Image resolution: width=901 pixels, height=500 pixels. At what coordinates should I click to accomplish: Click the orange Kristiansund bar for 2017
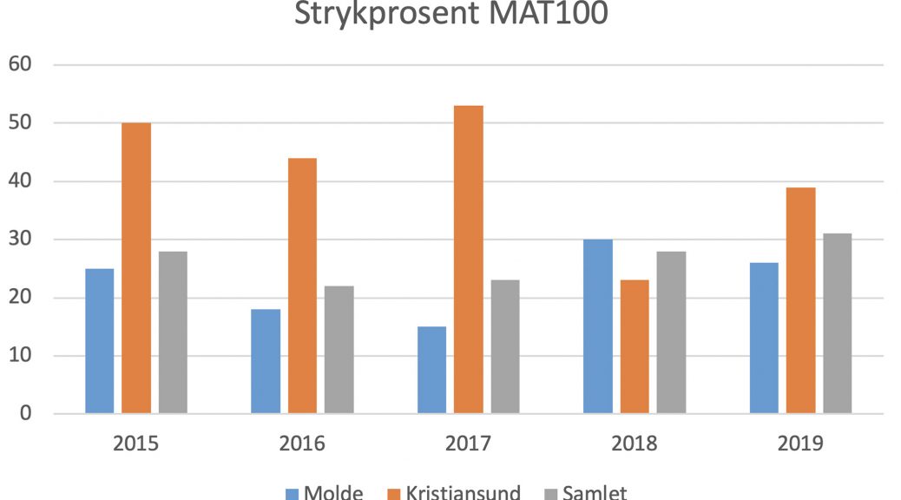[x=469, y=260]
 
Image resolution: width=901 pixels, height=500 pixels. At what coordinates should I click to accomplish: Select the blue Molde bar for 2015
[x=99, y=341]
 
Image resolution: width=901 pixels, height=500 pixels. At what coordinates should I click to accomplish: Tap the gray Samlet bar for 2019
[x=838, y=324]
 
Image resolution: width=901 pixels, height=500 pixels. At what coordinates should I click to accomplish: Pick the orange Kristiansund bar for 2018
[x=635, y=346]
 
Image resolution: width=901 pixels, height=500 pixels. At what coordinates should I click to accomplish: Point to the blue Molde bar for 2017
[x=431, y=370]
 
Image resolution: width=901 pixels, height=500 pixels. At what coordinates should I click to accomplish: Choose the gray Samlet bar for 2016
[x=339, y=350]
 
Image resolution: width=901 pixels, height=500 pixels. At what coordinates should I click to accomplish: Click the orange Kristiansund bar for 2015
[x=136, y=268]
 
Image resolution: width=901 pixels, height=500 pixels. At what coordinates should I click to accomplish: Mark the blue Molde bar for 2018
[x=597, y=326]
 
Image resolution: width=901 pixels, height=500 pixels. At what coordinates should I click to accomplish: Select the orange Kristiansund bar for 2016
[x=302, y=286]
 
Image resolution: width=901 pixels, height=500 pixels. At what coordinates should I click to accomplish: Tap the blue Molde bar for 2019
[x=764, y=338]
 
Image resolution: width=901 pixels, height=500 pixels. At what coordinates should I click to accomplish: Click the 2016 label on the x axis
[x=302, y=444]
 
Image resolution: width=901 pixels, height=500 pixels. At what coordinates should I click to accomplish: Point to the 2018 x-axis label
[x=635, y=444]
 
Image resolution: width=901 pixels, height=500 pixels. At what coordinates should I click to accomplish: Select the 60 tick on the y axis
[x=18, y=64]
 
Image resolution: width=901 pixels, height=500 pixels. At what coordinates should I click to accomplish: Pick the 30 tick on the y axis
[x=18, y=240]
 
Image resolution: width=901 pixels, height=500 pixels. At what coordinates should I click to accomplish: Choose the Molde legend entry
[x=333, y=492]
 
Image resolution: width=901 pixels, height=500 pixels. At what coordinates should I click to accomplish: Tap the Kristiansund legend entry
[x=463, y=492]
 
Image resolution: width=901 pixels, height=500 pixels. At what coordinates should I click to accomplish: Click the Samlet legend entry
[x=595, y=492]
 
